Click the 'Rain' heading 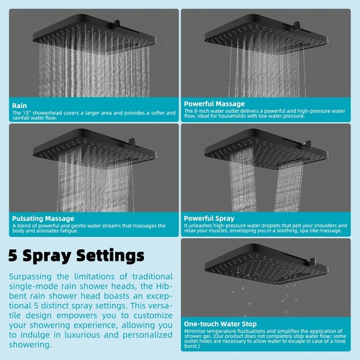click(x=19, y=105)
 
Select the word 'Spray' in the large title click(x=47, y=255)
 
